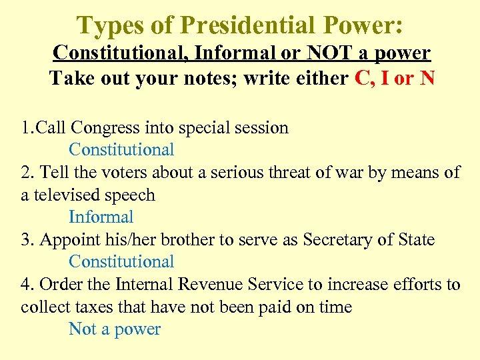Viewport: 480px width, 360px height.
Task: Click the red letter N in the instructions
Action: pyautogui.click(x=427, y=79)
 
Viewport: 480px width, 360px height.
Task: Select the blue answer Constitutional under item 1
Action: pyautogui.click(x=121, y=150)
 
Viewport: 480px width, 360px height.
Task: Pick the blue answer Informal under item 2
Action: pyautogui.click(x=101, y=217)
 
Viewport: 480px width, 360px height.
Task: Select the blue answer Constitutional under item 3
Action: pyautogui.click(x=121, y=262)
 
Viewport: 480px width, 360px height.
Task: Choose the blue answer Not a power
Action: pyautogui.click(x=115, y=329)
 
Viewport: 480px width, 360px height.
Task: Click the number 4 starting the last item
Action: pyautogui.click(x=26, y=285)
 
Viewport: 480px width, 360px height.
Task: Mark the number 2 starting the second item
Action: pyautogui.click(x=26, y=173)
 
